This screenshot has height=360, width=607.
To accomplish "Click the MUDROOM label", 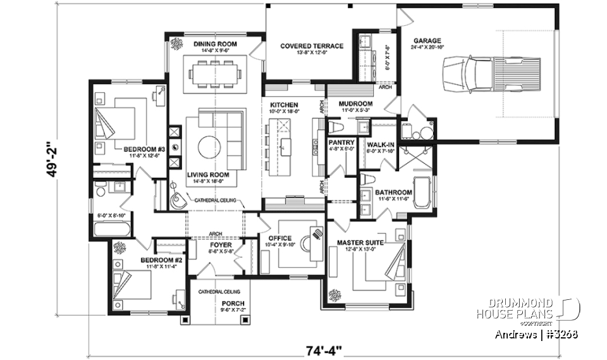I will [355, 104].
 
